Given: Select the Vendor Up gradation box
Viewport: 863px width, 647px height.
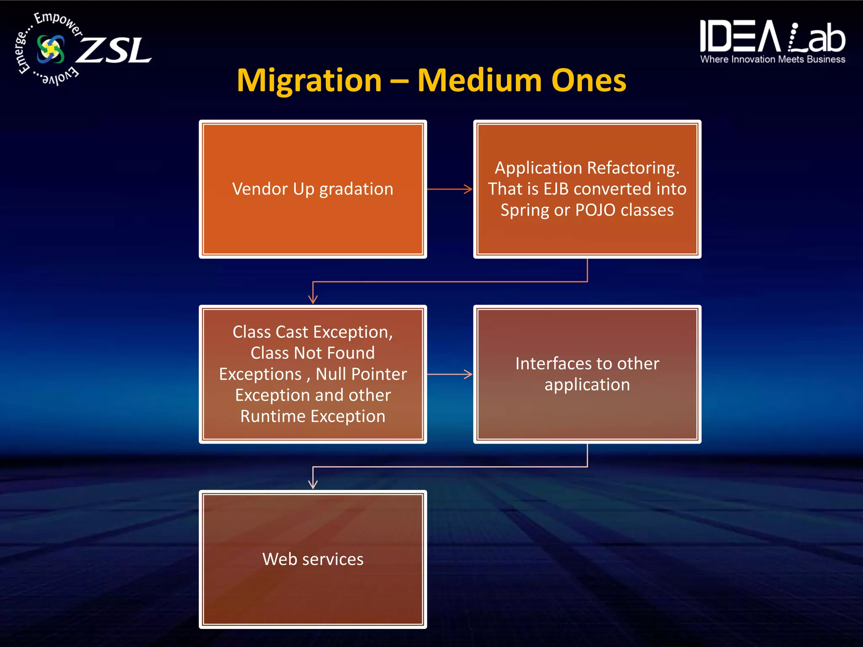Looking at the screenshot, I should click(x=313, y=189).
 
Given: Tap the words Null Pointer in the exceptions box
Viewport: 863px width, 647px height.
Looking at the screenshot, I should click(x=361, y=374).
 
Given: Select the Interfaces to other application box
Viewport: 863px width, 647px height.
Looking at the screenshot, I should click(x=587, y=374).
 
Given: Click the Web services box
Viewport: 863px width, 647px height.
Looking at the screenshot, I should click(x=313, y=559).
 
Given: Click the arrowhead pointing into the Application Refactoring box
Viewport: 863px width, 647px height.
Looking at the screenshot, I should click(x=468, y=189).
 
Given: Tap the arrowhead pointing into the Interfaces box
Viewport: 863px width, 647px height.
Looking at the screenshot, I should click(x=468, y=374).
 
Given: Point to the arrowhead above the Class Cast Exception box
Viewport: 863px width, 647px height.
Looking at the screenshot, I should click(x=313, y=299).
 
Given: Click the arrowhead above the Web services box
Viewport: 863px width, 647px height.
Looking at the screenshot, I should click(x=313, y=484).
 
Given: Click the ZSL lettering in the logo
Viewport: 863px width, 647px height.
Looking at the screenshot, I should click(x=114, y=51).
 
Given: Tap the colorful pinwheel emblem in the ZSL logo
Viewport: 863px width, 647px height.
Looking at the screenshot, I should click(x=51, y=49).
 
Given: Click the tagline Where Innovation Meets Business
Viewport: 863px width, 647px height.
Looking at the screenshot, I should click(x=772, y=59).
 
